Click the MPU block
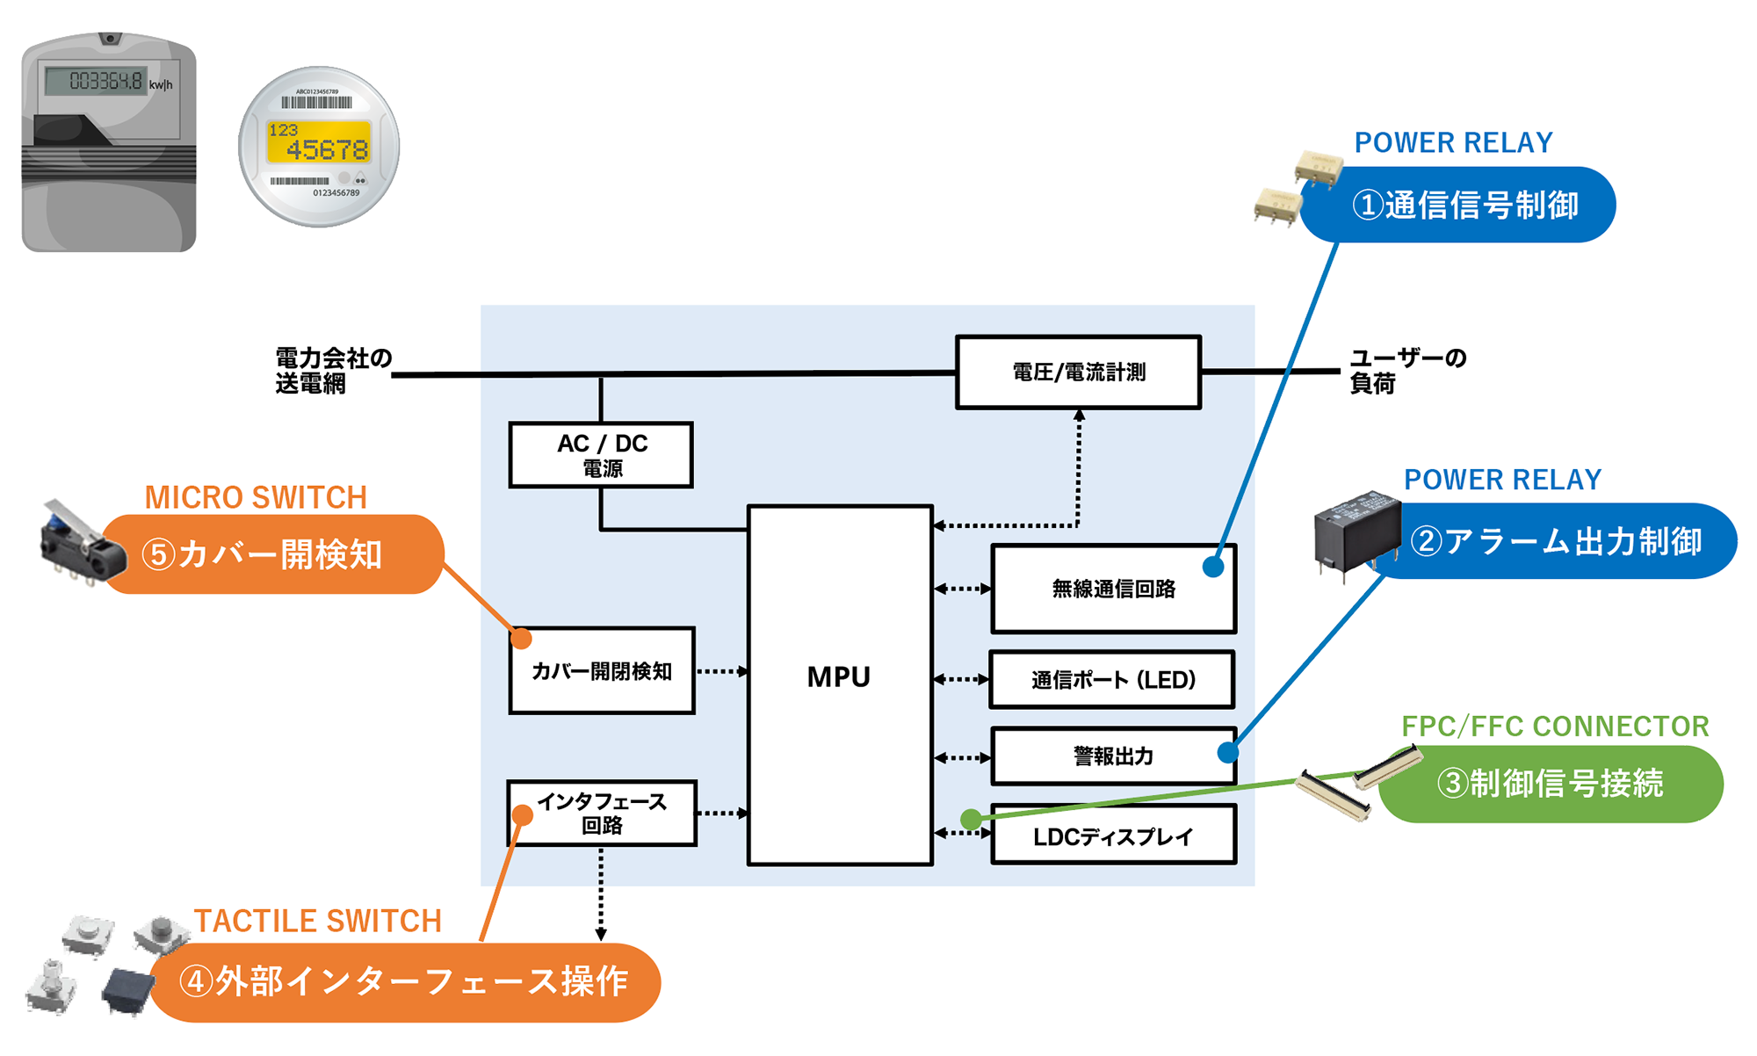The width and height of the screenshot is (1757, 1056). pos(839,685)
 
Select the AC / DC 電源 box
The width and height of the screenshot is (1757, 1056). pos(601,455)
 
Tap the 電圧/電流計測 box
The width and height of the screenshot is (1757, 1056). pos(1078,372)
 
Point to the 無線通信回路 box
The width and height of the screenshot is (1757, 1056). pos(1113,589)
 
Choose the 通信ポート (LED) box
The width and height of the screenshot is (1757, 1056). pos(1112,679)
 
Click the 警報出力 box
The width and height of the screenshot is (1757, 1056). pos(1113,756)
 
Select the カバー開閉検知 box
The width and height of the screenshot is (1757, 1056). pos(602,671)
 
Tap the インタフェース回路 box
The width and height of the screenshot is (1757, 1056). pos(602,814)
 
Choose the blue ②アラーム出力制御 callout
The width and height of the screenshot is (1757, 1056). pos(1555,541)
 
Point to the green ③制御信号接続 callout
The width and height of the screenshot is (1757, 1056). pos(1551,784)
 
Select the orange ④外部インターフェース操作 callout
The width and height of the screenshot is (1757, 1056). pos(404,982)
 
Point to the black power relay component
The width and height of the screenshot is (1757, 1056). pos(1356,532)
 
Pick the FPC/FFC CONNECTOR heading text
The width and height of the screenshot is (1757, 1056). pos(1554,727)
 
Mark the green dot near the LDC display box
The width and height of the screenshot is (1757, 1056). pos(971,820)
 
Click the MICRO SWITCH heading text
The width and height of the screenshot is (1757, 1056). pos(256,497)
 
